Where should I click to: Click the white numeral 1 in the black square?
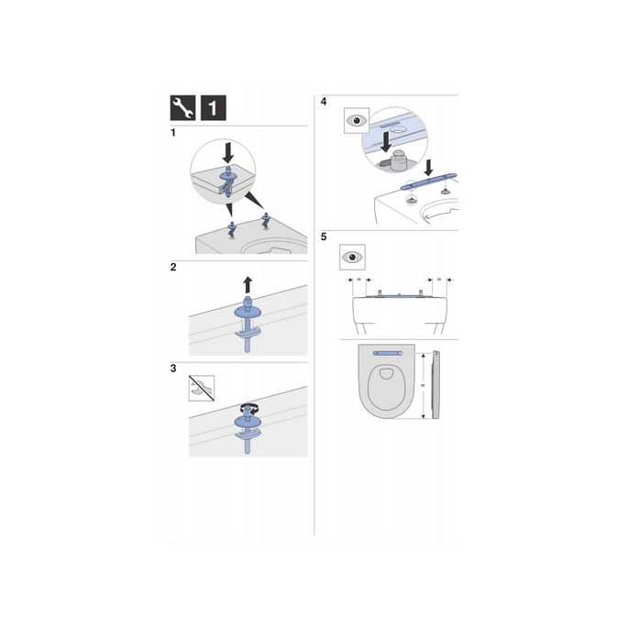[211, 108]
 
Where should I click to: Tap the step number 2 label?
[173, 269]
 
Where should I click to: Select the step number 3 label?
[173, 369]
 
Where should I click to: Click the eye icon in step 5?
[353, 256]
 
